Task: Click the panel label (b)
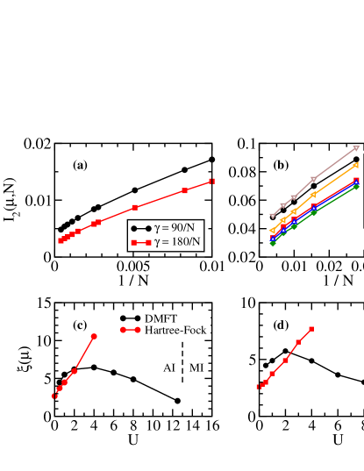pos(282,165)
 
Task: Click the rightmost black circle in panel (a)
pos(211,160)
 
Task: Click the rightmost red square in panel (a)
pos(211,181)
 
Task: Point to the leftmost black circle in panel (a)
pos(61,230)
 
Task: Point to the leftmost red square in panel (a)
pos(61,240)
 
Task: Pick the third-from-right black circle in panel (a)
pos(135,190)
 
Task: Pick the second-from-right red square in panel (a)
pos(185,190)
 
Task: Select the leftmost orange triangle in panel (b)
pos(273,231)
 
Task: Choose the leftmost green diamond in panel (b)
pos(273,242)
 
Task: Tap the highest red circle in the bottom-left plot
pos(95,336)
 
